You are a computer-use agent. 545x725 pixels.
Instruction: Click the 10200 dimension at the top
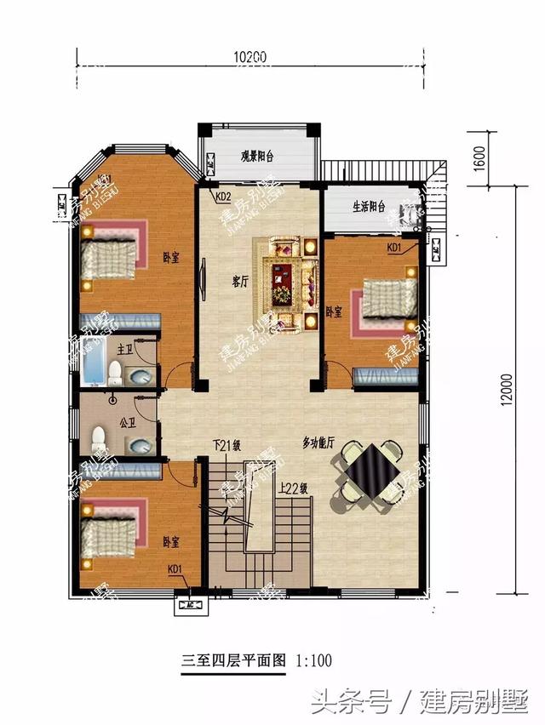click(x=250, y=57)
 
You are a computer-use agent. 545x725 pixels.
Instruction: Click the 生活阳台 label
click(x=370, y=206)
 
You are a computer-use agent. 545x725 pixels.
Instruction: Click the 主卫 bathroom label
click(x=124, y=349)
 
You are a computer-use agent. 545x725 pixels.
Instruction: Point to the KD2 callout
click(x=223, y=197)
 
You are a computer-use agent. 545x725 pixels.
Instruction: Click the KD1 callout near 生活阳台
click(x=395, y=248)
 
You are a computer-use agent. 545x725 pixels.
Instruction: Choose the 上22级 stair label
click(x=292, y=488)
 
